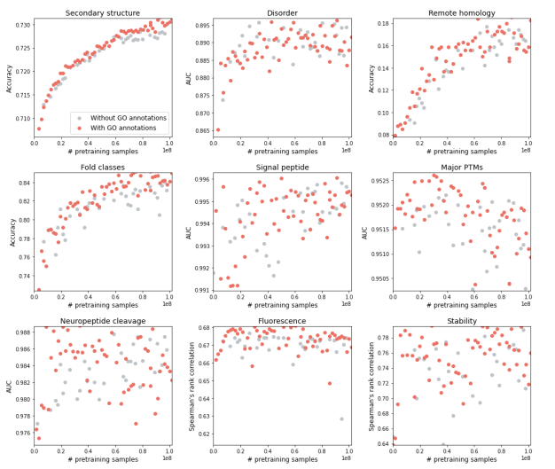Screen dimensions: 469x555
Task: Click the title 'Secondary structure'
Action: pos(104,13)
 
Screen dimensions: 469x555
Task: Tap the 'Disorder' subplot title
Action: pos(282,13)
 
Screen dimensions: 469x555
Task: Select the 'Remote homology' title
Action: pos(461,13)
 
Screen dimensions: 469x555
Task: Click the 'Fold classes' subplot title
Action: pos(104,167)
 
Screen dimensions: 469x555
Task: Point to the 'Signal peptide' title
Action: pos(282,167)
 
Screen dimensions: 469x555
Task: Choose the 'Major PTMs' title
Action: pos(461,167)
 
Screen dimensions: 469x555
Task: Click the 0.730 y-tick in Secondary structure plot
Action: pos(20,24)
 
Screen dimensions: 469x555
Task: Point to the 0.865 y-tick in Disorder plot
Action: pos(199,130)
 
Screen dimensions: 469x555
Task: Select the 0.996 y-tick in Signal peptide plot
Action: pos(199,179)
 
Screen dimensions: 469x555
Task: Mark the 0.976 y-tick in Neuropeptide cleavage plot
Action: pos(20,433)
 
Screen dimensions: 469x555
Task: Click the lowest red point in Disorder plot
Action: pos(217,129)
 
